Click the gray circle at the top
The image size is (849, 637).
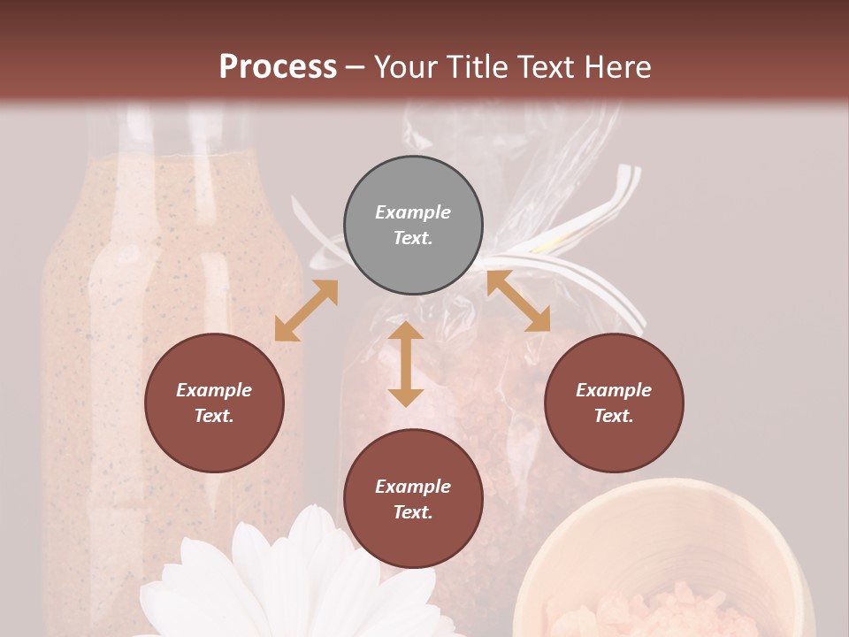(x=413, y=226)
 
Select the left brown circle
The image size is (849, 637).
(x=214, y=403)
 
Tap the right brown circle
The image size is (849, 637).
(x=614, y=403)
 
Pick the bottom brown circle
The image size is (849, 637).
(x=413, y=499)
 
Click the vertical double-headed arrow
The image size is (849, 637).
(x=406, y=364)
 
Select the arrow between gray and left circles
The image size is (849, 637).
(x=306, y=311)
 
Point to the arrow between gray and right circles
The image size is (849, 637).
(x=518, y=301)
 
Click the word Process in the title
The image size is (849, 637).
(x=278, y=67)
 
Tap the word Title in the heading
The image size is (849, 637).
(x=478, y=67)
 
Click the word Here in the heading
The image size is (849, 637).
(x=618, y=67)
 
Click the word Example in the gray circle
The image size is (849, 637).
(x=413, y=212)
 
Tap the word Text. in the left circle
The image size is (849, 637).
(x=214, y=416)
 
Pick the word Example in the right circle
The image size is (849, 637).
(x=614, y=390)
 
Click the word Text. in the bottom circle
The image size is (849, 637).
(x=413, y=512)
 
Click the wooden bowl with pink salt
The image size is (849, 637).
(x=663, y=566)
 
